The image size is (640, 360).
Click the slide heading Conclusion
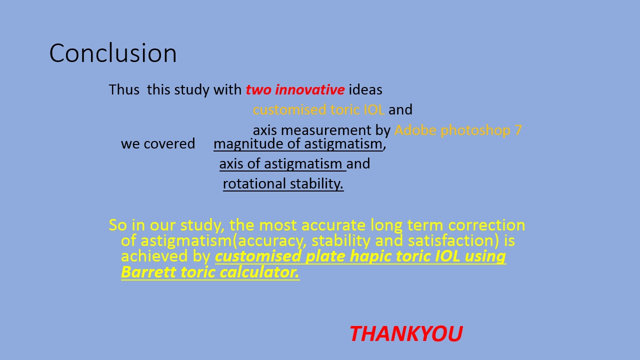pyautogui.click(x=113, y=53)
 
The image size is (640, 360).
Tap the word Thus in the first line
pyautogui.click(x=124, y=89)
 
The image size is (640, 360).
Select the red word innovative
pyautogui.click(x=309, y=89)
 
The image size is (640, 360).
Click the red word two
pyautogui.click(x=258, y=90)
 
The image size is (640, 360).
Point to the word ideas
pyautogui.click(x=365, y=89)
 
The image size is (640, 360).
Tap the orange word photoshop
pyautogui.click(x=475, y=130)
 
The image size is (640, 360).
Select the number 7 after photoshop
pyautogui.click(x=518, y=130)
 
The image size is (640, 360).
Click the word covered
pyautogui.click(x=169, y=143)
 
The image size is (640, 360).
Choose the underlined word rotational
pyautogui.click(x=254, y=183)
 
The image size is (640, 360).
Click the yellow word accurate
pyautogui.click(x=333, y=225)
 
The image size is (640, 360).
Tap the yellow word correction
pyautogui.click(x=486, y=225)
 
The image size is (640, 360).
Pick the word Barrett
pyautogui.click(x=148, y=272)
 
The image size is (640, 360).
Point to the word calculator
pyautogui.click(x=259, y=272)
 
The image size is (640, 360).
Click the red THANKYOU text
pyautogui.click(x=406, y=333)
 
